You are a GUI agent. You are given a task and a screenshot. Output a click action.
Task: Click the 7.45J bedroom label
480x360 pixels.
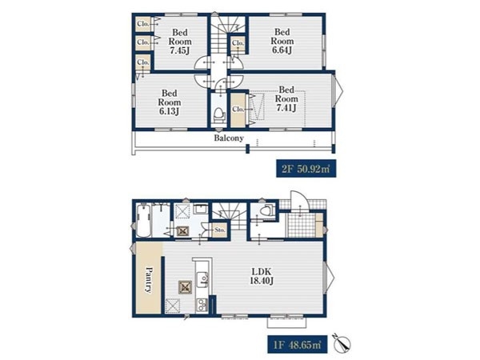coord(180,42)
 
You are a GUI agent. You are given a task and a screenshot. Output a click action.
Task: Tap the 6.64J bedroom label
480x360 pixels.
coord(282,41)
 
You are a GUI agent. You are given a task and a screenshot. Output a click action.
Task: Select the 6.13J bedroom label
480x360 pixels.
coord(170,102)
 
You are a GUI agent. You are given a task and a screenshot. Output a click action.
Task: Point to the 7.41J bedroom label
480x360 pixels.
coord(286,98)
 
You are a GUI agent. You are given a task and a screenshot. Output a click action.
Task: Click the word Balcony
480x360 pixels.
coord(229,138)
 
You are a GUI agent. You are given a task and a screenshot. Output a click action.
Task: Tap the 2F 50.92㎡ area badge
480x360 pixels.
coord(306,168)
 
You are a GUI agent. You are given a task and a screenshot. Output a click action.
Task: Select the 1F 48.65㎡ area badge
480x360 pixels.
coord(298,345)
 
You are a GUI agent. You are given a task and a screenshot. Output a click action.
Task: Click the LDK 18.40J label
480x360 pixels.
coord(262,276)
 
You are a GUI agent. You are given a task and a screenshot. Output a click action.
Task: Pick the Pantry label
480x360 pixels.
coord(149,281)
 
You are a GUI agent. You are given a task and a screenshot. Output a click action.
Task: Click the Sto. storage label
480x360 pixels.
coord(220,230)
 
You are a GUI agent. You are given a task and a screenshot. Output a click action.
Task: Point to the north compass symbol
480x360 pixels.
coord(342,343)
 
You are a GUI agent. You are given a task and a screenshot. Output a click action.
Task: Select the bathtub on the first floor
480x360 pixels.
coord(143,222)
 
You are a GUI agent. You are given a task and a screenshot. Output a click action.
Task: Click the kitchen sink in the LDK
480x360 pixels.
coord(202,279)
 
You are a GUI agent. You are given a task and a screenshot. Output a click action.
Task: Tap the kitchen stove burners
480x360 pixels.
coord(202,304)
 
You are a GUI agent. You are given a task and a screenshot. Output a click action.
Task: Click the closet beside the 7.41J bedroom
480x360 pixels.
coord(238,110)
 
